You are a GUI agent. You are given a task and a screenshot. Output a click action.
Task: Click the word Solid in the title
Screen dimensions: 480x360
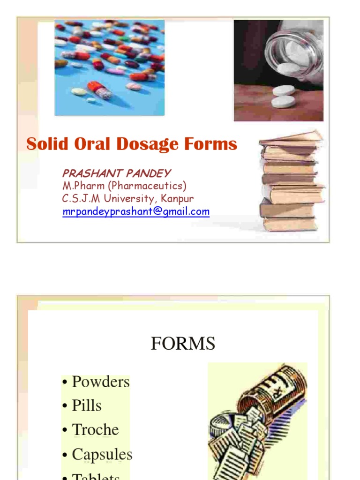(43, 144)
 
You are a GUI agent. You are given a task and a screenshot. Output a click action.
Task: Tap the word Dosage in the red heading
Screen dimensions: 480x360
(153, 144)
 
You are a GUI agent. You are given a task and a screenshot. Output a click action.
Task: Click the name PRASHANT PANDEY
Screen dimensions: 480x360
(116, 173)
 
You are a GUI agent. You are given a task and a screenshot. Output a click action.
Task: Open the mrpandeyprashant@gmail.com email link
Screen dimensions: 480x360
(136, 211)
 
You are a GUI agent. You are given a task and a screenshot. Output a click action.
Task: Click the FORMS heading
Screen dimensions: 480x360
(183, 344)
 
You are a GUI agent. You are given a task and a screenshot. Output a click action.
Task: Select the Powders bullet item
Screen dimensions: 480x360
(100, 382)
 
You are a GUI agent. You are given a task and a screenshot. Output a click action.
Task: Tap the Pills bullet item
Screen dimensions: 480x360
(87, 405)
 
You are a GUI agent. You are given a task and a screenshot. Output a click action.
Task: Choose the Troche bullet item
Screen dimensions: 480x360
(95, 429)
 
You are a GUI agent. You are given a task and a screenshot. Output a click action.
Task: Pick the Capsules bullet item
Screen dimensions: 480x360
(102, 454)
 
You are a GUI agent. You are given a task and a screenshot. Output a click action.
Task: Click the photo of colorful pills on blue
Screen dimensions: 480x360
(109, 67)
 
